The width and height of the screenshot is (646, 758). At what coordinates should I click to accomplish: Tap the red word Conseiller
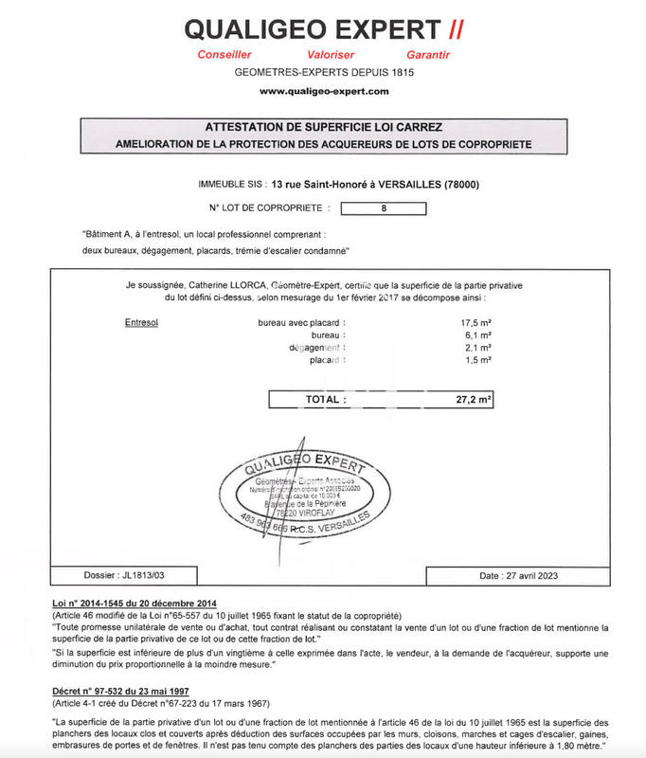(225, 55)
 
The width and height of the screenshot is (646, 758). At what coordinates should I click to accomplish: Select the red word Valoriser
(331, 55)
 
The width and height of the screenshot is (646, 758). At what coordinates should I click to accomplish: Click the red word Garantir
(427, 55)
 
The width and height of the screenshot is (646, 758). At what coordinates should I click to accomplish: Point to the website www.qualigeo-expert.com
(323, 91)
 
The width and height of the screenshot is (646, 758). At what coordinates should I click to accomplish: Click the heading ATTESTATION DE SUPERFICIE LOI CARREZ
(323, 126)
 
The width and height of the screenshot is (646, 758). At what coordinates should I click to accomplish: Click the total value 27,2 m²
(473, 400)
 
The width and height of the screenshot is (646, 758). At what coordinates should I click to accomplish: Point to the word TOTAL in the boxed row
(325, 400)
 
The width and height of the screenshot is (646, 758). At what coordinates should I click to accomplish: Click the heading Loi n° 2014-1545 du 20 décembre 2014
(134, 604)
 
